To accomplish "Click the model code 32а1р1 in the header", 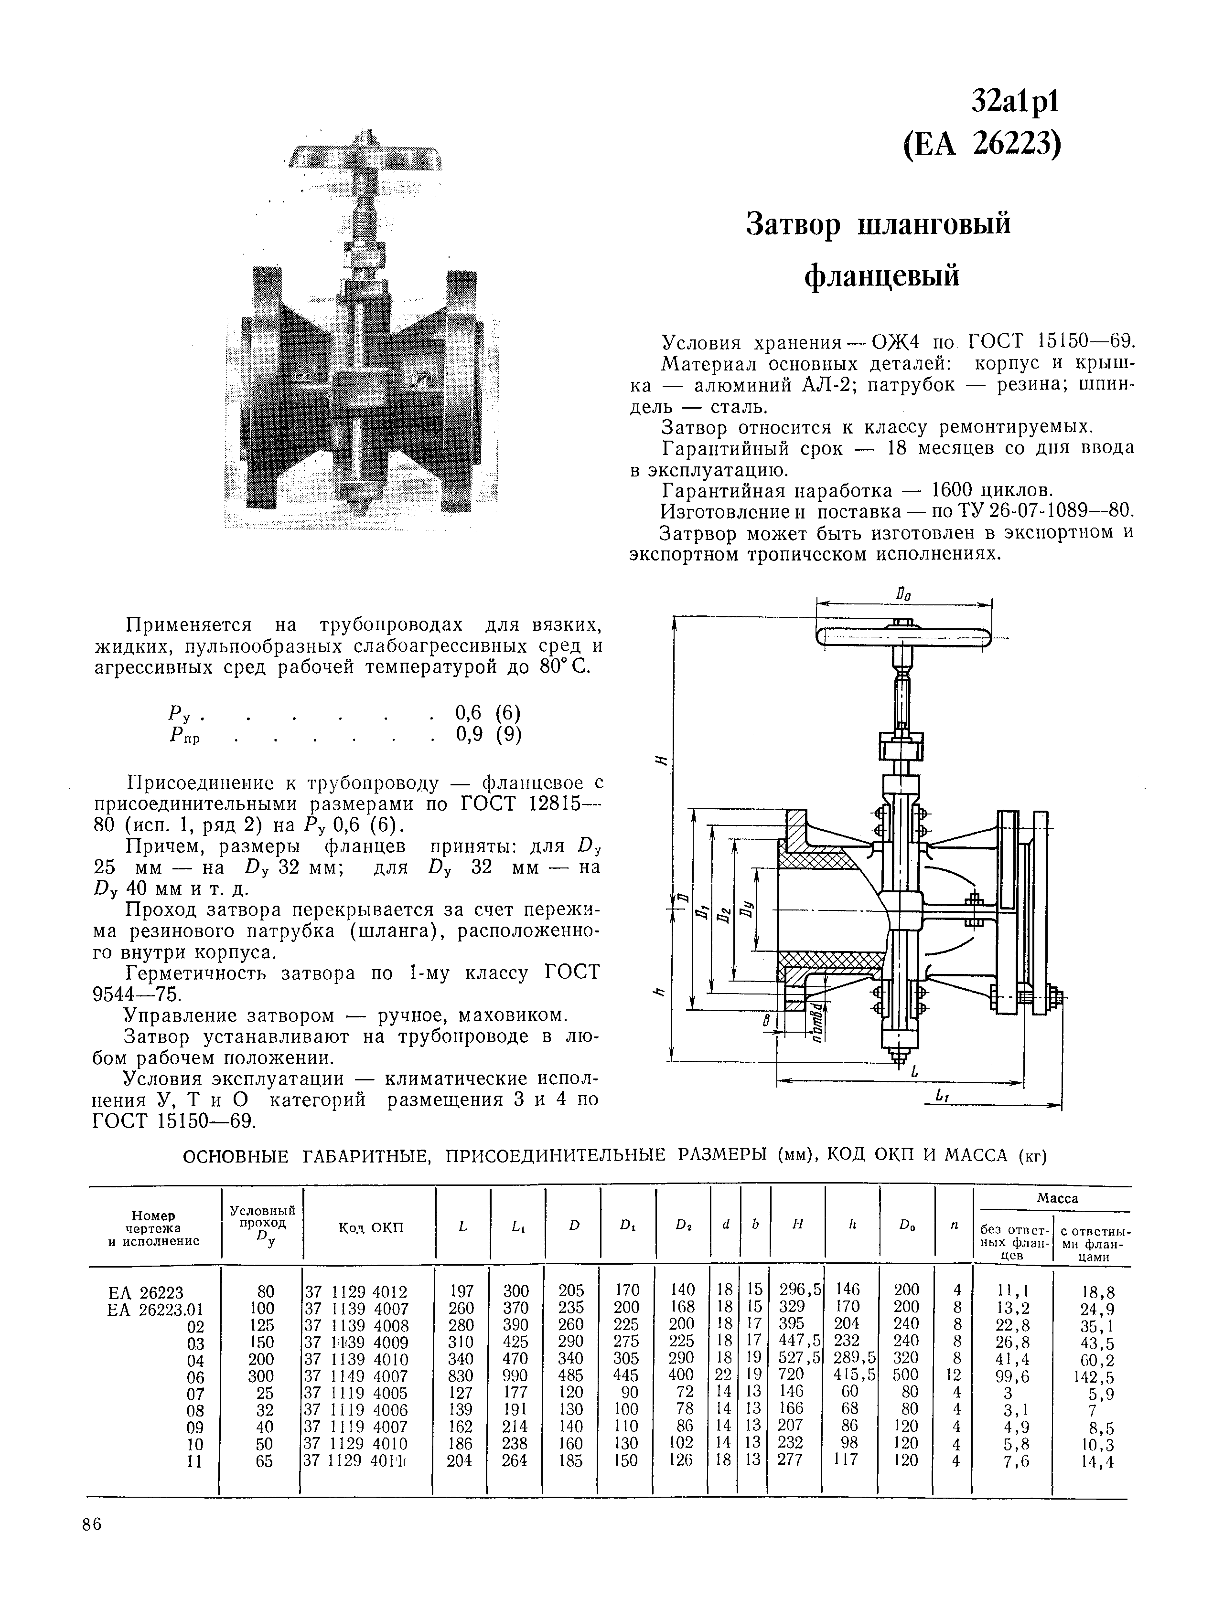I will point(1016,103).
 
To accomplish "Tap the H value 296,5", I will point(799,1290).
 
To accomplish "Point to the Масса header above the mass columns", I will point(1056,1197).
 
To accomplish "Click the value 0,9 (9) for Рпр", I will point(488,734).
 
